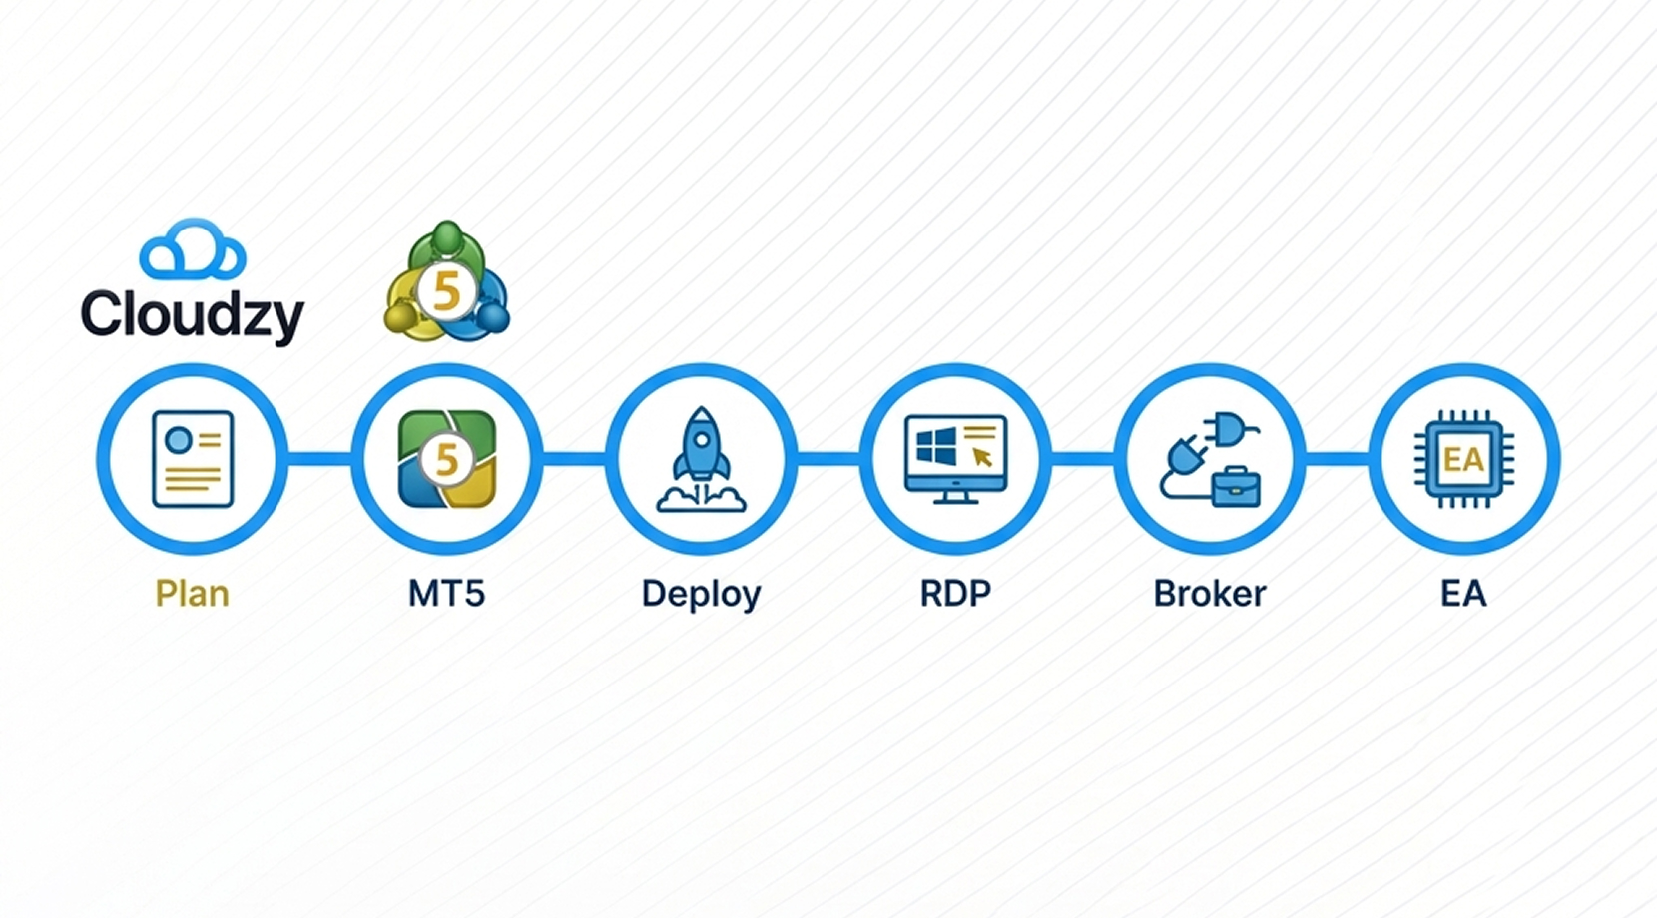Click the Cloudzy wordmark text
click(x=192, y=314)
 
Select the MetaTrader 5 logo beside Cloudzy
click(x=447, y=283)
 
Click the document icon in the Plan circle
click(x=193, y=459)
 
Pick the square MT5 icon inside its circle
click(x=447, y=459)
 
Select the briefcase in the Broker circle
click(x=1236, y=487)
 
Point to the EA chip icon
click(x=1463, y=459)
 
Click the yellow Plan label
click(x=193, y=594)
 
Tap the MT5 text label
click(x=447, y=594)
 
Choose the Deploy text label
click(x=701, y=594)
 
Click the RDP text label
click(x=955, y=594)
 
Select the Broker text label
click(x=1210, y=594)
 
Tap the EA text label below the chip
click(x=1463, y=594)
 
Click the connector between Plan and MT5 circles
click(x=319, y=459)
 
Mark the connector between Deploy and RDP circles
click(x=828, y=459)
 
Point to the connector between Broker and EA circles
click(x=1338, y=459)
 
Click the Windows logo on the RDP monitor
click(x=935, y=446)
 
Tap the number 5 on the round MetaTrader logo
click(x=446, y=292)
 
